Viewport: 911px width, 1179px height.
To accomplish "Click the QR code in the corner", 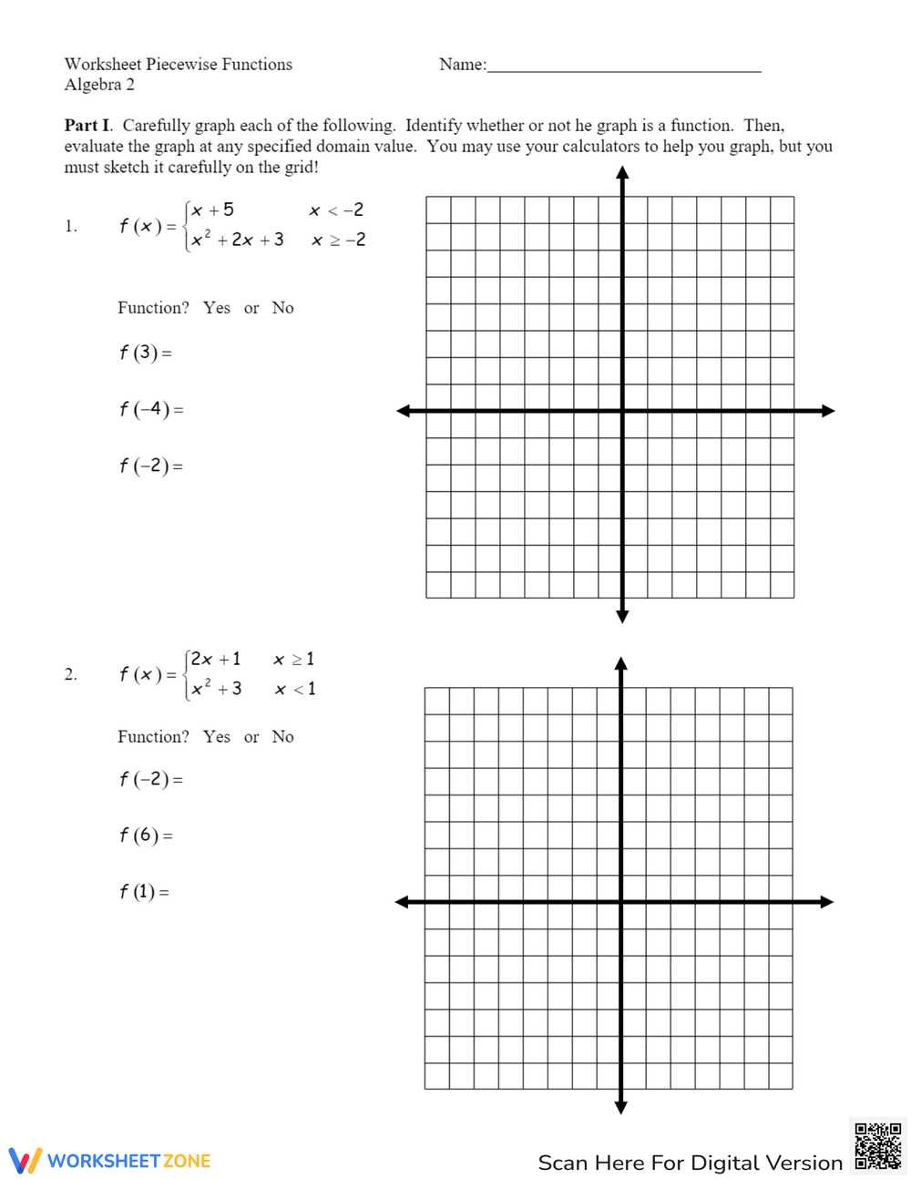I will [877, 1145].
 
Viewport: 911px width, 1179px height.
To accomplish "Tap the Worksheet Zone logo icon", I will [26, 1161].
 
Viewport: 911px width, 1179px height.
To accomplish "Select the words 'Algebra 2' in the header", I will [99, 85].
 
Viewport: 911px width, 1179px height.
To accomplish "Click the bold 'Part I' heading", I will [87, 126].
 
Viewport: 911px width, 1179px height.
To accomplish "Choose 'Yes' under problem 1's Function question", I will [217, 308].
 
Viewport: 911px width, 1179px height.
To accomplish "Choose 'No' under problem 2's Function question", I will [282, 737].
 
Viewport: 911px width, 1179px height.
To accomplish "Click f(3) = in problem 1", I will [145, 353].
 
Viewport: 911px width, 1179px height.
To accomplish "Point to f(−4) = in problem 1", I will [150, 409].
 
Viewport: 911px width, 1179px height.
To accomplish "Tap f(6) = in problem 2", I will [145, 836].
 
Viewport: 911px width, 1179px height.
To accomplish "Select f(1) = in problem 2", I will [144, 892].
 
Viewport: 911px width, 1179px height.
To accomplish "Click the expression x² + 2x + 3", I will [238, 240].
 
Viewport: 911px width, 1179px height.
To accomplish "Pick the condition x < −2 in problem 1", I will [336, 210].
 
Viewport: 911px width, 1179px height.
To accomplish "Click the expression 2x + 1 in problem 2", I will [216, 659].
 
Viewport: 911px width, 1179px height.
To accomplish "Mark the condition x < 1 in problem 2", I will [295, 689].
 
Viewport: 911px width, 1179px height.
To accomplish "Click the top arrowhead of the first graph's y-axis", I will [622, 172].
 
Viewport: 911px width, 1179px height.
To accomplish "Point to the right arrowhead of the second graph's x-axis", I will [826, 902].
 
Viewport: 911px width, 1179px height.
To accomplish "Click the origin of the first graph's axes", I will [622, 411].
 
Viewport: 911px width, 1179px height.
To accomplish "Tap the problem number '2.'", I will [71, 675].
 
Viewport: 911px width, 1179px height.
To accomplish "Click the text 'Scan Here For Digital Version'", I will [690, 1163].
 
